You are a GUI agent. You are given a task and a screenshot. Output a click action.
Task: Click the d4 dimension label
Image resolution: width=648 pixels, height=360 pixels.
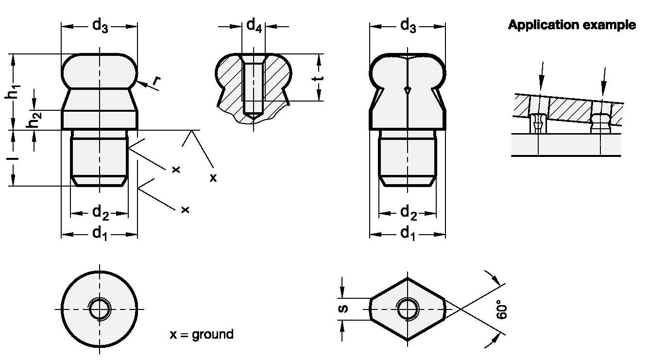point(254,25)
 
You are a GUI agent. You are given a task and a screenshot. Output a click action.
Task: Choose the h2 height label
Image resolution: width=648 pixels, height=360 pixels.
point(33,120)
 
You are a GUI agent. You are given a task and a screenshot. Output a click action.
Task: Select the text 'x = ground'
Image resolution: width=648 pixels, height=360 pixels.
point(202,334)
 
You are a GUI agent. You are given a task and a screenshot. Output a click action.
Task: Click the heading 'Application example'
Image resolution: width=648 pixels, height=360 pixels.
point(572,25)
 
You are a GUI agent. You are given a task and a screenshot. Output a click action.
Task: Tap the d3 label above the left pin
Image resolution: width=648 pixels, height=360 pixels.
point(100,25)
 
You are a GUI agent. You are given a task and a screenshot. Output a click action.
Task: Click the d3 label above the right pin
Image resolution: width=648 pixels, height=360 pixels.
point(408,25)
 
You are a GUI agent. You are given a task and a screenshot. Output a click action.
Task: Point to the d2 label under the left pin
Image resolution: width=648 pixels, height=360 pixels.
point(100,213)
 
